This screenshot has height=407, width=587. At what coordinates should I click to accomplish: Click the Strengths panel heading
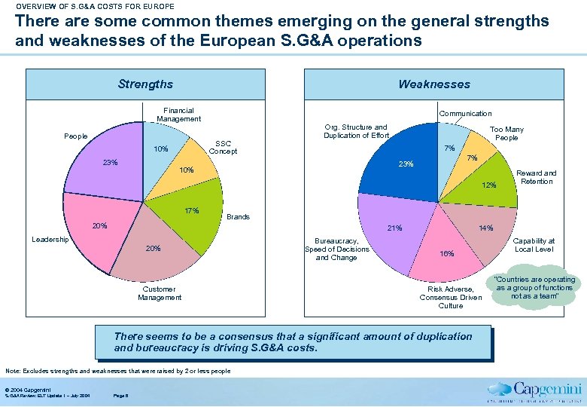(x=145, y=84)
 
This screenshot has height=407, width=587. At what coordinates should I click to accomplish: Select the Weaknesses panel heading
(x=434, y=84)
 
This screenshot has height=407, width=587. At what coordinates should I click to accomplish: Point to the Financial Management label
(x=178, y=115)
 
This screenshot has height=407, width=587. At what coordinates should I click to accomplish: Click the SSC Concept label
(x=223, y=147)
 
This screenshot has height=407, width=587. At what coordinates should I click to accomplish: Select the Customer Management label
(x=160, y=293)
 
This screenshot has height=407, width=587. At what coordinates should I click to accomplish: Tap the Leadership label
(x=50, y=240)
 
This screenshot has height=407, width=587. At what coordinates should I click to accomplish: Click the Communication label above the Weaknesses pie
(x=465, y=113)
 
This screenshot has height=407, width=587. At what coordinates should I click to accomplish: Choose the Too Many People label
(x=506, y=133)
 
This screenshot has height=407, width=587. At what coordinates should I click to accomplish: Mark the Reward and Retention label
(x=537, y=177)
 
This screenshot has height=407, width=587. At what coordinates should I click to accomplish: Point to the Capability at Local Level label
(x=534, y=245)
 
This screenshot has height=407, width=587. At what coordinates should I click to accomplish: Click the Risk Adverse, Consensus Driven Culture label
(x=451, y=297)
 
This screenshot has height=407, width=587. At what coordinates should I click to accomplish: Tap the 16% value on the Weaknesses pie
(x=447, y=254)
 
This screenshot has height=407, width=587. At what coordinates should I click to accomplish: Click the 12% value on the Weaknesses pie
(x=489, y=185)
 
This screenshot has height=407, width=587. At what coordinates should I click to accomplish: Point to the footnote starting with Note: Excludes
(x=117, y=371)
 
